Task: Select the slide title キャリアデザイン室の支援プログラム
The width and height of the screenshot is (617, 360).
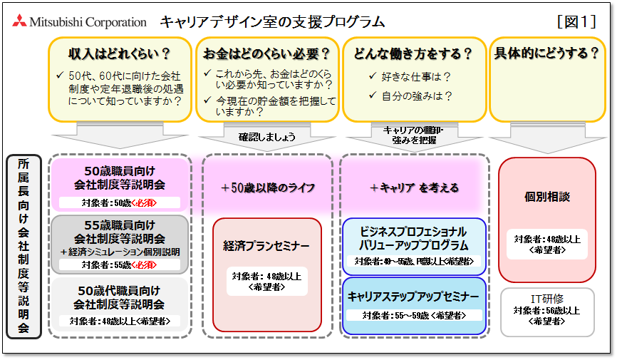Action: point(272,22)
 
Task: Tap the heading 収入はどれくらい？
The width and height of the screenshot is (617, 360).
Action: point(120,53)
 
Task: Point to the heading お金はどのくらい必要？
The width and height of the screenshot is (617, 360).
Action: point(266,53)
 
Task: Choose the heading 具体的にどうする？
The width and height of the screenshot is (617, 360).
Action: point(546,53)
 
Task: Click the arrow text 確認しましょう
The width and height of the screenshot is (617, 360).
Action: point(267,135)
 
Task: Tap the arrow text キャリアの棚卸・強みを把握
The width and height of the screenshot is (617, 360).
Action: point(414,135)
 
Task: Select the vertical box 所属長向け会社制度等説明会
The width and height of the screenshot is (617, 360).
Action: point(23,246)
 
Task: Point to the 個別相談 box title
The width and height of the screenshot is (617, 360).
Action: point(547,196)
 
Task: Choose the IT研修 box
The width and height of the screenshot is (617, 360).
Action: point(547,311)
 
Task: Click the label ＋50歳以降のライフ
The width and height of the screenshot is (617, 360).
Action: point(267,187)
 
